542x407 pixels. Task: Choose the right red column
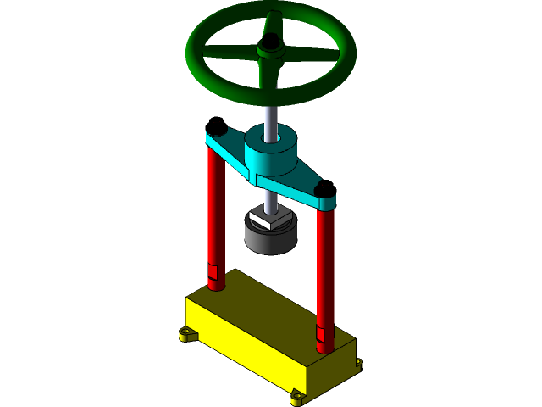coord(324,271)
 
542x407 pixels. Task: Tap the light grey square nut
coord(270,220)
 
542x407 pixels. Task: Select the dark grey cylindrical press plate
coord(270,240)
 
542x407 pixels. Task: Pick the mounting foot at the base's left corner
coord(188,335)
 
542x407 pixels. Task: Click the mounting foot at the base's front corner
coord(297,396)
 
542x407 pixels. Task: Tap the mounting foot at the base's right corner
coord(359,365)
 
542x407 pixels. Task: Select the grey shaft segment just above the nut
coord(270,203)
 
